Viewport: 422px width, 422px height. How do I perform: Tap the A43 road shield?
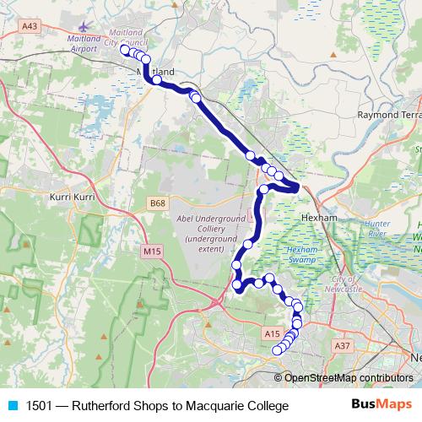point(30,27)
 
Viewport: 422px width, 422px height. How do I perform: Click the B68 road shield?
point(158,203)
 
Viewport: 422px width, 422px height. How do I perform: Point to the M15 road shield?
point(152,251)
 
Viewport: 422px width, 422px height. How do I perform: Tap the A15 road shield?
point(272,334)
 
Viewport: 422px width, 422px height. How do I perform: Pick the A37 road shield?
point(342,346)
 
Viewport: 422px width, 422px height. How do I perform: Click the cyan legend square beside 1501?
point(12,406)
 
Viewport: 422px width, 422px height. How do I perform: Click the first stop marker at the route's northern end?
point(125,50)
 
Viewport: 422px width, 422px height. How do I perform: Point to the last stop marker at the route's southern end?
point(277,350)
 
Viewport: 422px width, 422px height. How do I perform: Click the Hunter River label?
point(376,227)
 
